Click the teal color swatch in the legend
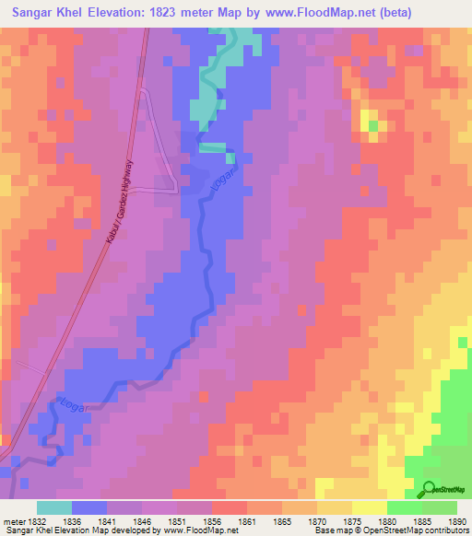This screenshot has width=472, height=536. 54,507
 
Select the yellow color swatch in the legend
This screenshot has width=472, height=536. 370,507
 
